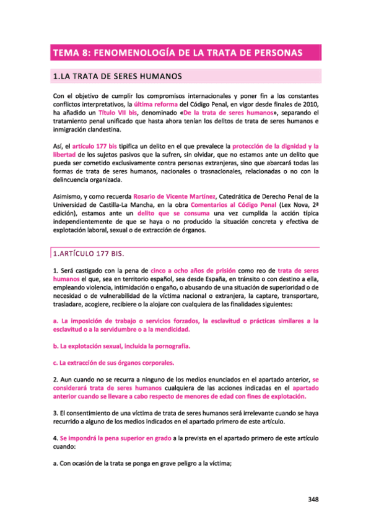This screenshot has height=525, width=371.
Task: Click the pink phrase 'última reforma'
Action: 166,106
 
